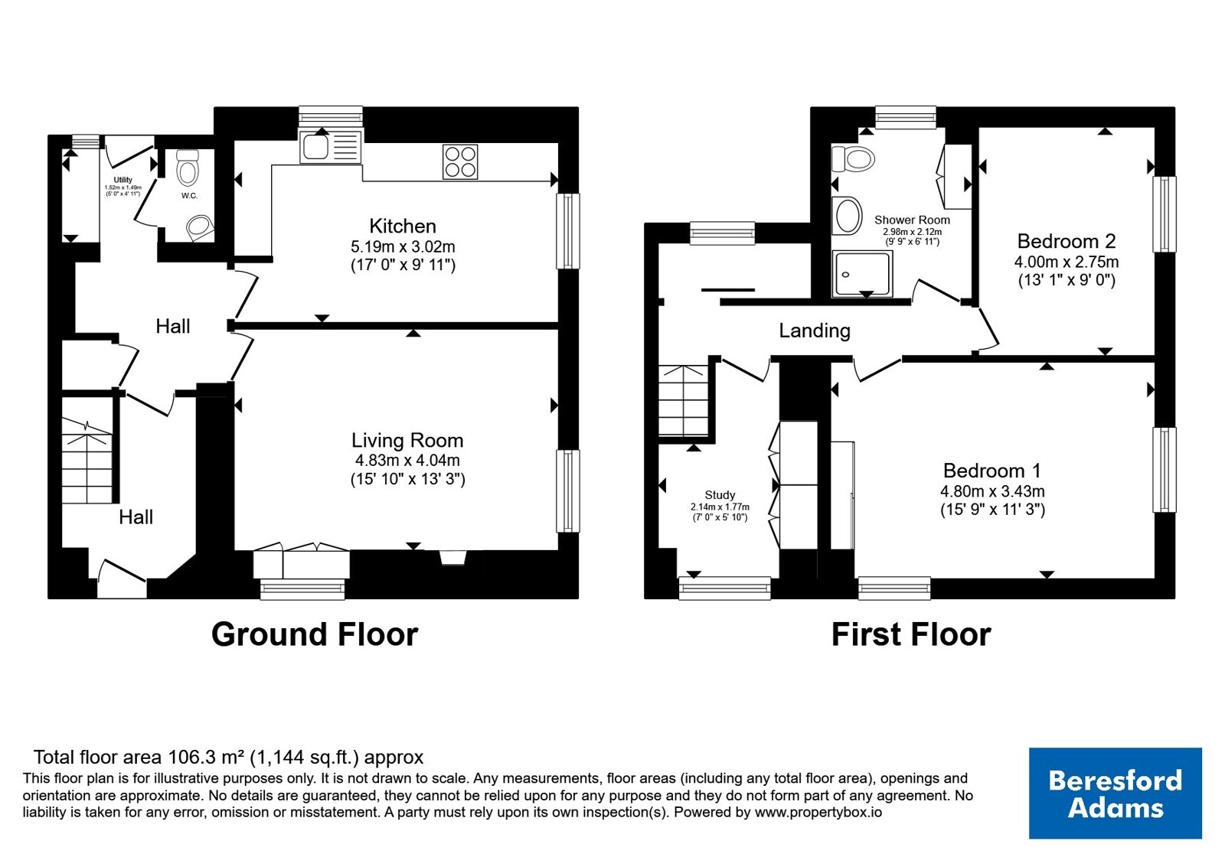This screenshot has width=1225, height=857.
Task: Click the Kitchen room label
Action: point(403,226)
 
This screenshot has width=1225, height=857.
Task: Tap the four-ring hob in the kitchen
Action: point(460,161)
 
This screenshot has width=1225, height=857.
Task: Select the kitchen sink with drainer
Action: point(331,147)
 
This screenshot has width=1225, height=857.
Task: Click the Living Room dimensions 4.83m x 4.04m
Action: point(407,460)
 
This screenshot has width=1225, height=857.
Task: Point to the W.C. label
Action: point(189,196)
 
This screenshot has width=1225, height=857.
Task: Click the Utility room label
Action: point(123,180)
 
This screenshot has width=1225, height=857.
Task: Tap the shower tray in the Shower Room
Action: point(862,274)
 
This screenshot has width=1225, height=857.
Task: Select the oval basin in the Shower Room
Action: point(847,215)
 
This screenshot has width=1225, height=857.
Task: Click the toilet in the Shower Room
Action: point(852,159)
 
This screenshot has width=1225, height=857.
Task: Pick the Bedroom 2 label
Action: point(1066,241)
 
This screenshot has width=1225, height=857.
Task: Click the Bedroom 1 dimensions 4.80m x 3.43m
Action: point(992,490)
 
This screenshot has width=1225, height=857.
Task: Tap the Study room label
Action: point(720,494)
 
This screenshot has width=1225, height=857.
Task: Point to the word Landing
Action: point(815,330)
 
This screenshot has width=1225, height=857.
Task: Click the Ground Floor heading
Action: point(315,634)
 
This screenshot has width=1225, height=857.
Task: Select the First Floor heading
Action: point(911,634)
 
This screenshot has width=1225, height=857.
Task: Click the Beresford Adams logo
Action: point(1115,793)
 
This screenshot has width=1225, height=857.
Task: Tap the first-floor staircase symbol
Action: point(684,400)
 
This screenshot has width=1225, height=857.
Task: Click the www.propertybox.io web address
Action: point(818,812)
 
